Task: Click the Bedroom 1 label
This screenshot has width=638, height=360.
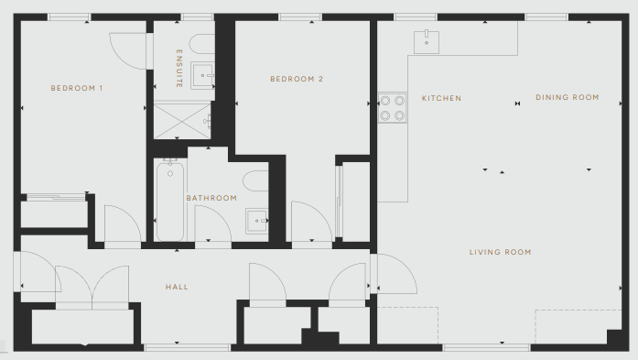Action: coord(77,88)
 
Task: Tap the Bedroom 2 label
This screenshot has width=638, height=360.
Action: coord(297,79)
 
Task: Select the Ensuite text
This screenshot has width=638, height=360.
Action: coord(179,69)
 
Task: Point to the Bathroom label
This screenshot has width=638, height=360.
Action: coord(211,198)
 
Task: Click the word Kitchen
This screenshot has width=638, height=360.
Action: coord(441,98)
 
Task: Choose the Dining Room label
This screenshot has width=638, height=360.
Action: coord(568,97)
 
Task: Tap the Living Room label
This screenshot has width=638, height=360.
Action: coord(500,252)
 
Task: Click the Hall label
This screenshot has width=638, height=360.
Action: coord(177,287)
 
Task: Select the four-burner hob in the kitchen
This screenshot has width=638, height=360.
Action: coord(393,108)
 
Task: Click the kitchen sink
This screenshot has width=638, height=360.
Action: coord(427,42)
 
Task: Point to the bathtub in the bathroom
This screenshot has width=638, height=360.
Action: coord(170,201)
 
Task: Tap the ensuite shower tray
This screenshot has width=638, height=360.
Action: coord(182,121)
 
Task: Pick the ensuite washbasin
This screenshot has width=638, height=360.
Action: coord(202,75)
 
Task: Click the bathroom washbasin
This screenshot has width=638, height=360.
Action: coord(256,221)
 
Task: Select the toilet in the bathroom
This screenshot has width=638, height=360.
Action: coord(256,180)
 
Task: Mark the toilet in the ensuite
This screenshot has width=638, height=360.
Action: coord(202,44)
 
